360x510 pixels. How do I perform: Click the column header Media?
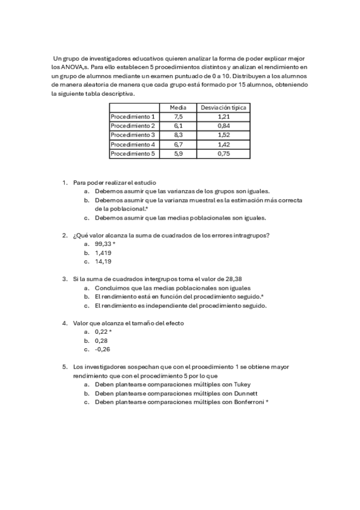[x=178, y=106]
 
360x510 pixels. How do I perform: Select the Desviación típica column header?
[x=223, y=106]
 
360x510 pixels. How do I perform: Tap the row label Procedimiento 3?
[x=133, y=135]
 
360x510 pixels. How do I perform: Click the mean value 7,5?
[x=178, y=116]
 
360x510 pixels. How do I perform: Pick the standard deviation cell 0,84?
[x=223, y=125]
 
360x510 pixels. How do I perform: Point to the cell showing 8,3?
[x=178, y=135]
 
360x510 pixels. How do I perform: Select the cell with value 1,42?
[x=223, y=144]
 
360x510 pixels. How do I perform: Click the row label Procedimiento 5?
[x=133, y=154]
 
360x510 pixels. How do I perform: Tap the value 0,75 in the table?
[x=223, y=154]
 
